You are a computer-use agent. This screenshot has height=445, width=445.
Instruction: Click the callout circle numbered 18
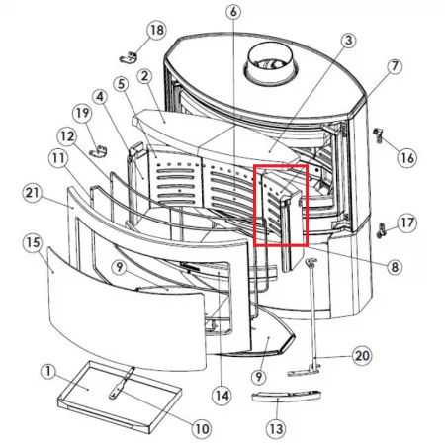(156, 30)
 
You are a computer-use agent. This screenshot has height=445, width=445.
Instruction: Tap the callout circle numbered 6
(233, 12)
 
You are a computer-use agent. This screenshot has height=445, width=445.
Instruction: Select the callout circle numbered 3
(348, 41)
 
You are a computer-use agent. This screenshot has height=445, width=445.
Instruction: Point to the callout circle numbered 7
(395, 66)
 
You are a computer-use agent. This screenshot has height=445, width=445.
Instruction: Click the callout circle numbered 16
(407, 158)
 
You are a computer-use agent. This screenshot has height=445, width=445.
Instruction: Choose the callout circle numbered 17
(407, 222)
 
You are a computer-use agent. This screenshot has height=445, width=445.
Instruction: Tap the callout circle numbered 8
(395, 267)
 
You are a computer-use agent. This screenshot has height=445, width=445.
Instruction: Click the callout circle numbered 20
(362, 356)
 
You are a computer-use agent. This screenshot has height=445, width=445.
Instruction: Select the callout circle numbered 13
(276, 429)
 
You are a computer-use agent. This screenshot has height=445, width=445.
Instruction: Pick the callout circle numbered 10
(202, 429)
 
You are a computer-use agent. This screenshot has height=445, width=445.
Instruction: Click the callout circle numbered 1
(48, 372)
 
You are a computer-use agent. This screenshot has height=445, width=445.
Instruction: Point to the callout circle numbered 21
(33, 193)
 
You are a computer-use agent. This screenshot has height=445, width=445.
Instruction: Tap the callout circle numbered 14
(222, 396)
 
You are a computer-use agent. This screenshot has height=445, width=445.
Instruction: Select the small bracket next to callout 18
(128, 57)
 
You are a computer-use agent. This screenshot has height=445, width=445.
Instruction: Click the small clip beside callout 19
(99, 151)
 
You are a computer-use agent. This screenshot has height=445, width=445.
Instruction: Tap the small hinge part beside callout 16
(378, 134)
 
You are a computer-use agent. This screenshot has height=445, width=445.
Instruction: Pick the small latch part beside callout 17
(382, 230)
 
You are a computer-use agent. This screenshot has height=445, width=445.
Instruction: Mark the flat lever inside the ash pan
(122, 384)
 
